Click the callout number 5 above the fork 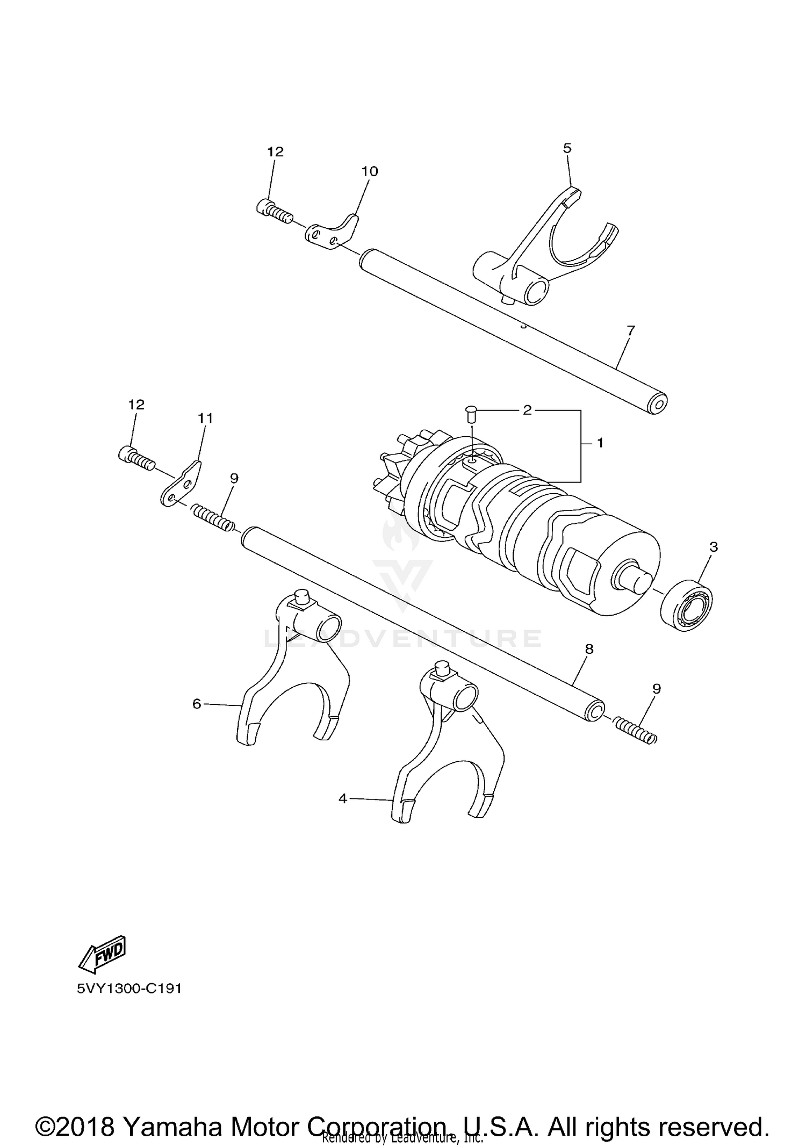tap(567, 148)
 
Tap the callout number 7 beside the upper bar tap(631, 330)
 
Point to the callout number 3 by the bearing tap(714, 547)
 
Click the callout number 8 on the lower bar tap(589, 649)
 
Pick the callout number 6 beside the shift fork tap(197, 703)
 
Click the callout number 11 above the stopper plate tap(205, 418)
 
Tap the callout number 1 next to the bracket tap(600, 443)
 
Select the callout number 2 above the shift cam tap(527, 410)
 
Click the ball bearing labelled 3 tap(686, 605)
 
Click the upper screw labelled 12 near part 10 tap(274, 212)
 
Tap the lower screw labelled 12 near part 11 tap(136, 458)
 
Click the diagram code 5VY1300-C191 tap(129, 989)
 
